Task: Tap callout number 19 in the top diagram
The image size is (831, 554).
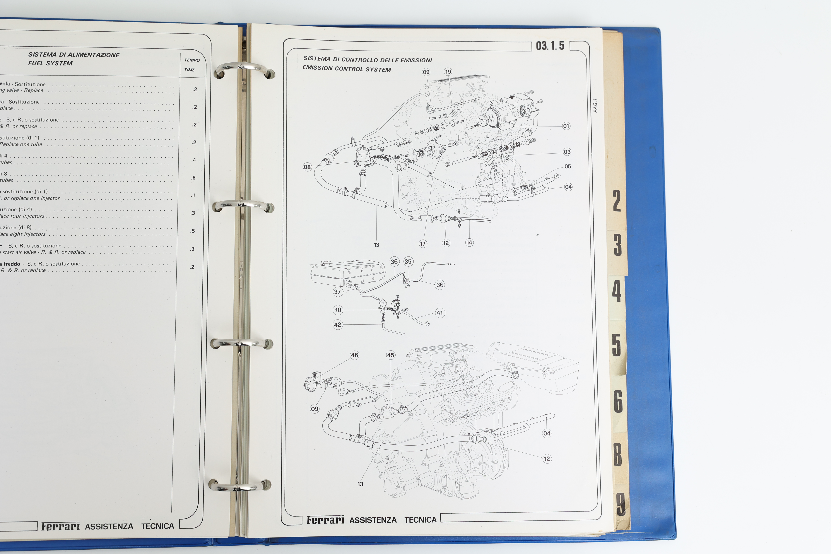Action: (448, 72)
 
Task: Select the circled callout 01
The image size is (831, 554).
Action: (566, 126)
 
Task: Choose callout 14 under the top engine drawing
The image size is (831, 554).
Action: (469, 242)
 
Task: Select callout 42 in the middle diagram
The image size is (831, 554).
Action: (337, 325)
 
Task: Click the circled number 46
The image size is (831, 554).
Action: (354, 355)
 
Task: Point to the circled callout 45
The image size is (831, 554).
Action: (390, 355)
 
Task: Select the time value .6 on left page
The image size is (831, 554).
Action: (193, 178)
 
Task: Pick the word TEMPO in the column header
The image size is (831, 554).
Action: (192, 60)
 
